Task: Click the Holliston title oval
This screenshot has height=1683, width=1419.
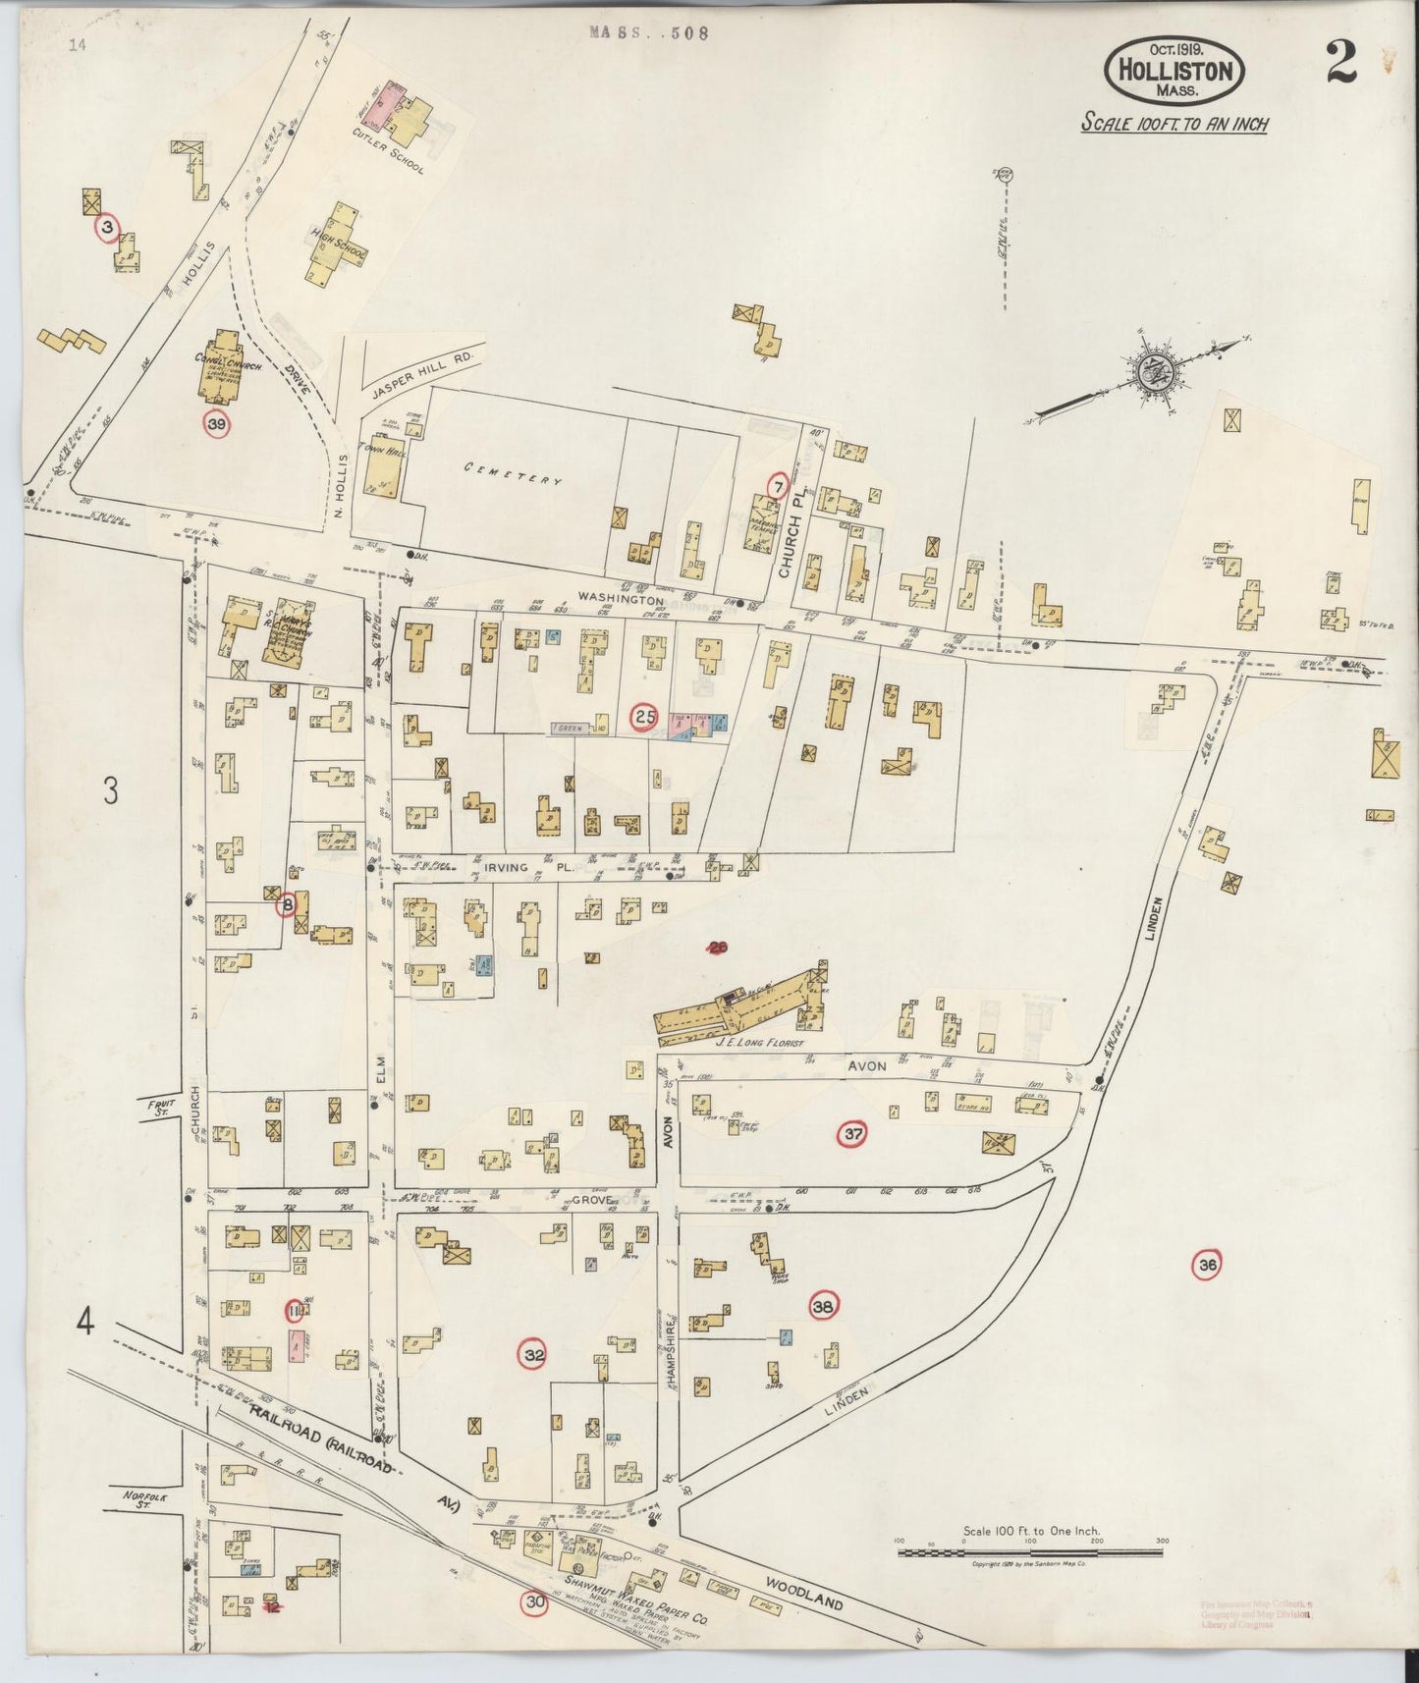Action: tap(1174, 71)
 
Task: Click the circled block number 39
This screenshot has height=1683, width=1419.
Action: tap(216, 423)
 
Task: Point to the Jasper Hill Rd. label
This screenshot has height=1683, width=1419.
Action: tap(423, 374)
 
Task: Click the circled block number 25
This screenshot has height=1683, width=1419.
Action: tap(644, 717)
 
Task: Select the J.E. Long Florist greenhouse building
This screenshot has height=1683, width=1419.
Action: tap(737, 1004)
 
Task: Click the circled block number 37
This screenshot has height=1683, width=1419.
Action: tap(851, 1135)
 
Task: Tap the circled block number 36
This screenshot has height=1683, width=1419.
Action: tap(1206, 1266)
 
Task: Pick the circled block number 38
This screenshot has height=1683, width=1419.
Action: tap(823, 1306)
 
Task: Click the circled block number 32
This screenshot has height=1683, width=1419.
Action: tap(533, 1355)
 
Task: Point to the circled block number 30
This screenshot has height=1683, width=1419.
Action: tap(534, 1603)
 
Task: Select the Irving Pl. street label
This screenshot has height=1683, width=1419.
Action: tap(507, 868)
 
